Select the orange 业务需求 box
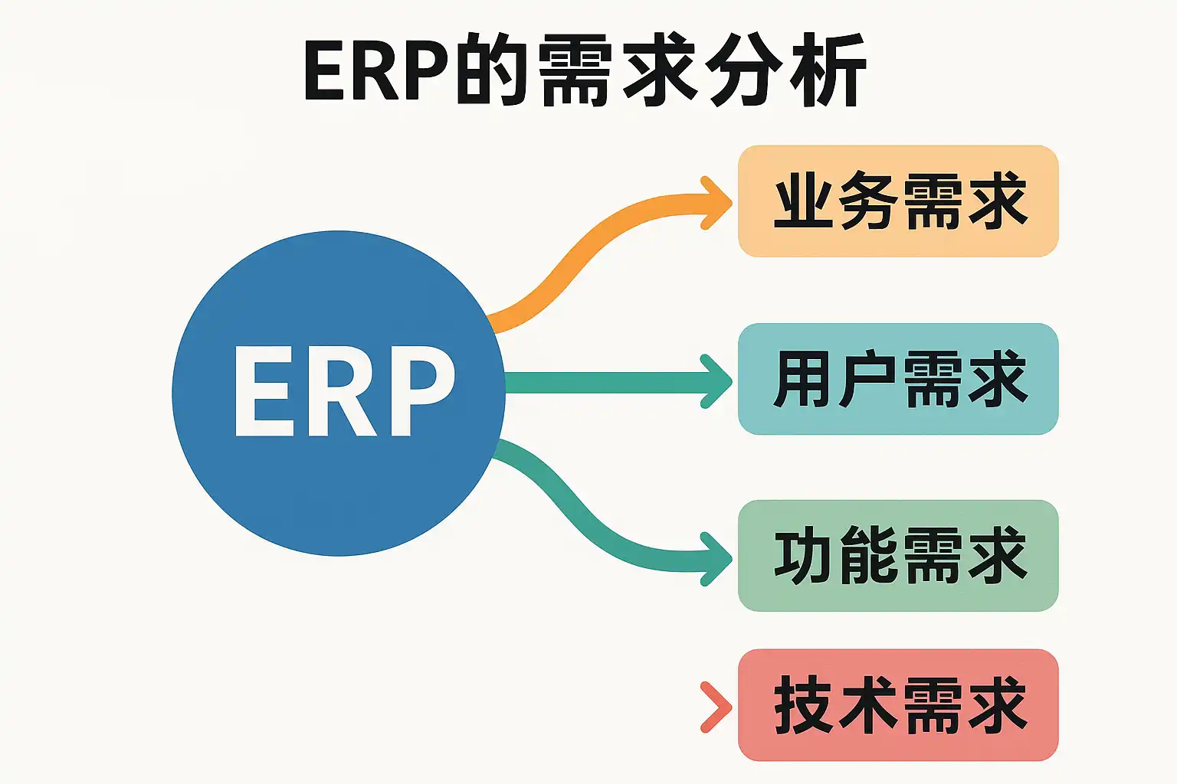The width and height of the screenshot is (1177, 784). coord(898,201)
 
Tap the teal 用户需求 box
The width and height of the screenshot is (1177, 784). coord(898,379)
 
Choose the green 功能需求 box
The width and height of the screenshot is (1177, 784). coord(898,556)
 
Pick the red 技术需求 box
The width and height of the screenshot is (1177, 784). coord(898,705)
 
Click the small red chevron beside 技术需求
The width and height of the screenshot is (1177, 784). coord(716,706)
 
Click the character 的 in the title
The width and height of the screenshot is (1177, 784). coord(490,70)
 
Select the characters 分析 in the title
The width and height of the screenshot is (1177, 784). coord(785,70)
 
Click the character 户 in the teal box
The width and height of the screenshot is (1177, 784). coord(866,379)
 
